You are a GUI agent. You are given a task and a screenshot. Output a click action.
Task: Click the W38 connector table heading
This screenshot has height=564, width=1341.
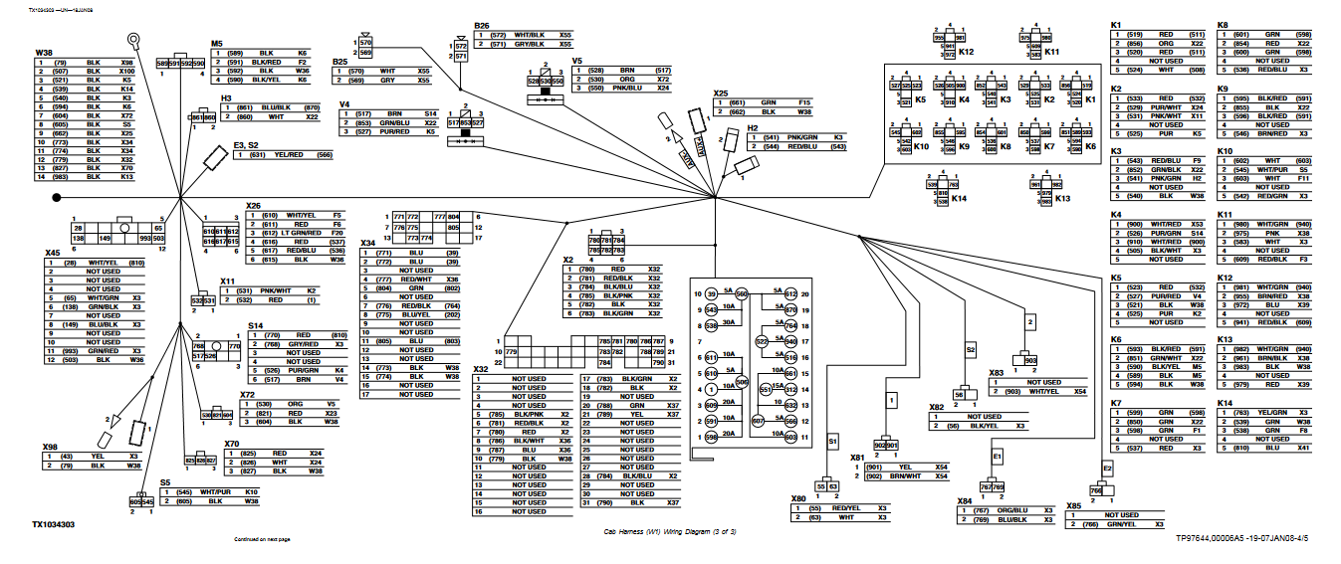pos(44,52)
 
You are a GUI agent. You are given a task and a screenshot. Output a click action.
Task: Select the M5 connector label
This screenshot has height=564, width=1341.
pos(217,44)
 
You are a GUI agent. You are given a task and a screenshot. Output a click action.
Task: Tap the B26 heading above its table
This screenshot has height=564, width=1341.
pos(482,25)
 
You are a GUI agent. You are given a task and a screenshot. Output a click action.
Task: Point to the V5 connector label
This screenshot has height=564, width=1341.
pos(576,61)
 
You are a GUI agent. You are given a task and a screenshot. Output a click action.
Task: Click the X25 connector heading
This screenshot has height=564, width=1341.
pos(721,94)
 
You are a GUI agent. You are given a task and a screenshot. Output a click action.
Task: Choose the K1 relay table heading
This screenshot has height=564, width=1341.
pos(1117,24)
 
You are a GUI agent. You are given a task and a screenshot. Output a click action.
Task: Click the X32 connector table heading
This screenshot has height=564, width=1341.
pos(480,369)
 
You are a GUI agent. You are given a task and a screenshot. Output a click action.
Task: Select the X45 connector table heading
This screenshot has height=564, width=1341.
pos(53,253)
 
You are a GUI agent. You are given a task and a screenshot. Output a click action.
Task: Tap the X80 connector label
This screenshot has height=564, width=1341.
pos(797,499)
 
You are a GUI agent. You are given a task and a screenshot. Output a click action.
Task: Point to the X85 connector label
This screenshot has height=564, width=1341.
pos(1073,505)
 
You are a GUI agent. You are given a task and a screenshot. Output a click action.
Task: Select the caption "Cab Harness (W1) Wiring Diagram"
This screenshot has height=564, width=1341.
pos(669,532)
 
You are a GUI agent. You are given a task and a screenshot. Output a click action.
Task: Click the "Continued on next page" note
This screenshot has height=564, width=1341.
pos(262,539)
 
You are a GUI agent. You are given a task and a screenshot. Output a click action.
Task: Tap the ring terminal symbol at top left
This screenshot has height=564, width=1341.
pos(131,41)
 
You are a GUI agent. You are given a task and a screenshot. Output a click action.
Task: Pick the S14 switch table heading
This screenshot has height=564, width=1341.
pos(256,325)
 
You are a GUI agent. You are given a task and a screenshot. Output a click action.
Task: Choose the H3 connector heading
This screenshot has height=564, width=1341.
pos(226,98)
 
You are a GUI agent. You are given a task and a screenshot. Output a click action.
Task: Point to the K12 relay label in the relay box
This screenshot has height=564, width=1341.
pos(966,51)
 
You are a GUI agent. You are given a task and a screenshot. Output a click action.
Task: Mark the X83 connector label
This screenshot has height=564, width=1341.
pos(996,373)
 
